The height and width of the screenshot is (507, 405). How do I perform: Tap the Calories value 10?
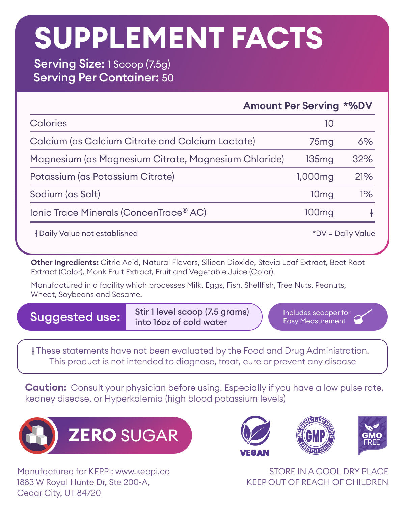pyautogui.click(x=329, y=124)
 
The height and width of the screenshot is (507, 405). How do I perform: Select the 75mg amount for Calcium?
pyautogui.click(x=321, y=141)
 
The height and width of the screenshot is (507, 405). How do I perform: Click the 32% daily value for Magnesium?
pyautogui.click(x=362, y=159)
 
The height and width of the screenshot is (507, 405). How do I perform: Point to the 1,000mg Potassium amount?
pyautogui.click(x=315, y=177)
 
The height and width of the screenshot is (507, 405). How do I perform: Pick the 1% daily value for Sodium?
pyautogui.click(x=366, y=194)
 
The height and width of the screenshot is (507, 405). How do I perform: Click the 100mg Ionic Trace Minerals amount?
pyautogui.click(x=319, y=212)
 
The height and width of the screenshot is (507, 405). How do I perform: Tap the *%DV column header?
pyautogui.click(x=357, y=106)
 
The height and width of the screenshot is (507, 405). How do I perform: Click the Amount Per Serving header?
pyautogui.click(x=291, y=106)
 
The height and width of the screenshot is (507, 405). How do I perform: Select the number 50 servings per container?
pyautogui.click(x=168, y=78)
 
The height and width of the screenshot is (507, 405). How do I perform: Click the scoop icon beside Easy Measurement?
pyautogui.click(x=363, y=317)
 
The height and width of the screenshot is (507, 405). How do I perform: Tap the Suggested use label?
pyautogui.click(x=75, y=317)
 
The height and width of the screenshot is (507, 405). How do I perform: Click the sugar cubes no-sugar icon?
pyautogui.click(x=37, y=435)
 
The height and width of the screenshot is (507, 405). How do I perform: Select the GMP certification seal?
pyautogui.click(x=316, y=435)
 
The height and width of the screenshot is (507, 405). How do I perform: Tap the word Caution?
pyautogui.click(x=46, y=388)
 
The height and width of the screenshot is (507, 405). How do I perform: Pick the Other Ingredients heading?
pyautogui.click(x=64, y=262)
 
